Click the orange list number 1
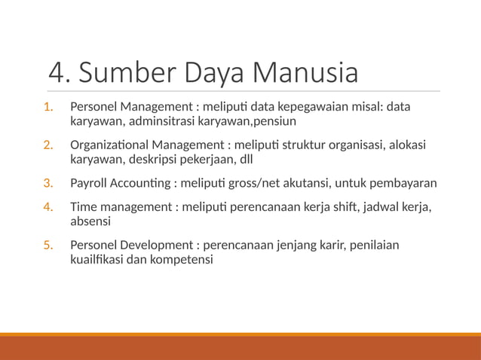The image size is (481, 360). click(x=47, y=107)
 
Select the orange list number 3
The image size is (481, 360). click(x=47, y=183)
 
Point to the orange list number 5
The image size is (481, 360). click(x=47, y=246)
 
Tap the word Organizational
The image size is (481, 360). click(x=109, y=145)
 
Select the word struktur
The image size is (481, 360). click(x=305, y=145)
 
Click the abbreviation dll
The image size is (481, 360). click(x=265, y=159)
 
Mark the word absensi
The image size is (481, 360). click(x=90, y=221)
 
